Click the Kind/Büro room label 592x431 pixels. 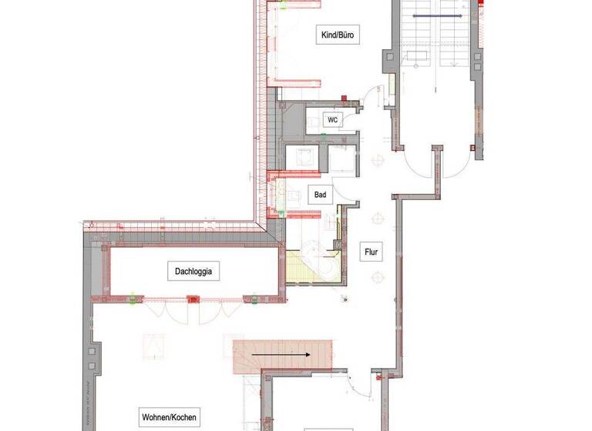pos(339,35)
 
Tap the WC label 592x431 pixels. pos(332,120)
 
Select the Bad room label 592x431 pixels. pos(320,195)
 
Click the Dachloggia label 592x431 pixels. pos(194,271)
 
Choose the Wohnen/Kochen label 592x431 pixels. pos(168,417)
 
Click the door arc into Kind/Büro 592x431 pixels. pos(372,93)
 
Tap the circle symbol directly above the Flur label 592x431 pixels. pos(377,218)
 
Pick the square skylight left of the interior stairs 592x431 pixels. pos(156,346)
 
